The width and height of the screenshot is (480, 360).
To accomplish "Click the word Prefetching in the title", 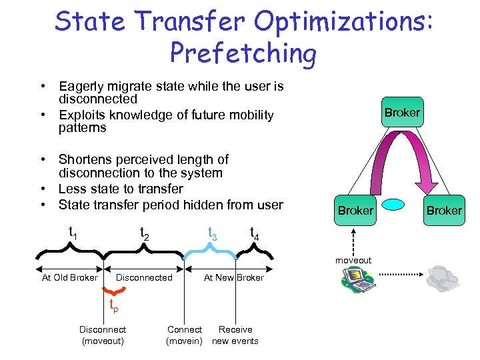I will coord(243,53).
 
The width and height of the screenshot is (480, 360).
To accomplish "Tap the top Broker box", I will coord(402,112).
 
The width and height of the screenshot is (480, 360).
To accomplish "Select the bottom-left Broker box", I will coord(355,210).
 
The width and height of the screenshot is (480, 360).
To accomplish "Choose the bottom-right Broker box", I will coord(444,210).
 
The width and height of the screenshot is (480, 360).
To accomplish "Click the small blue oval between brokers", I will coord(399,205).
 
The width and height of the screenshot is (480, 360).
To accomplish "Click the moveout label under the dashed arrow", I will coord(353,260).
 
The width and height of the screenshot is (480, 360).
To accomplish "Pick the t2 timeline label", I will coord(143,233).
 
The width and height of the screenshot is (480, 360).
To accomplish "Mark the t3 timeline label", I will coord(212,233).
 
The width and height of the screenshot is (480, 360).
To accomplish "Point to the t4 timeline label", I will coord(254,233).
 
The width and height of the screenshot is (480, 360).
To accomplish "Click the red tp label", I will coord(115,307).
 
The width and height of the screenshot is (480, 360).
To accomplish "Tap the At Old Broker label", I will coord(69,277).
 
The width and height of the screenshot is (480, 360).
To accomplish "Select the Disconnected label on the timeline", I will coord(144,277).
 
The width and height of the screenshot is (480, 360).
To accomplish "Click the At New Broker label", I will coord(233,277).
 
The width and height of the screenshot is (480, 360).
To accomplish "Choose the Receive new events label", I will coord(235,335).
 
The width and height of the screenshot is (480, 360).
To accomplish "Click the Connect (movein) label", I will coord(185,335).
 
